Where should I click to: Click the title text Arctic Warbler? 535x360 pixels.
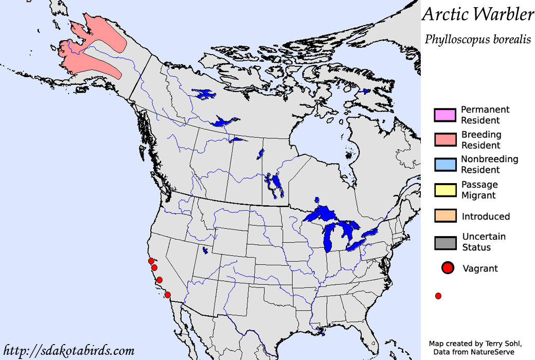point(478,14)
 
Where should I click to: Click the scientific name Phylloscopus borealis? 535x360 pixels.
point(477,39)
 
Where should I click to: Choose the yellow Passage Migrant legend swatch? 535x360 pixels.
point(445,190)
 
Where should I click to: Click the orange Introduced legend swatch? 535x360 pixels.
point(445,216)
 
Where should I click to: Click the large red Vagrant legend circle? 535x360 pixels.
point(448,268)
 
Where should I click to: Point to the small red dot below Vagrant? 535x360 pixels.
point(438,296)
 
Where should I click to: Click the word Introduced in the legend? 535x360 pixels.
point(486,217)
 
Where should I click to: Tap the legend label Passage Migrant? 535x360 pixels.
point(479,190)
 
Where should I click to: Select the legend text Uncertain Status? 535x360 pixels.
point(484,242)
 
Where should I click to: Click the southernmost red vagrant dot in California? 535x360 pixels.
point(167,295)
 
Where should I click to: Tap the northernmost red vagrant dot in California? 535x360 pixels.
point(150,261)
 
